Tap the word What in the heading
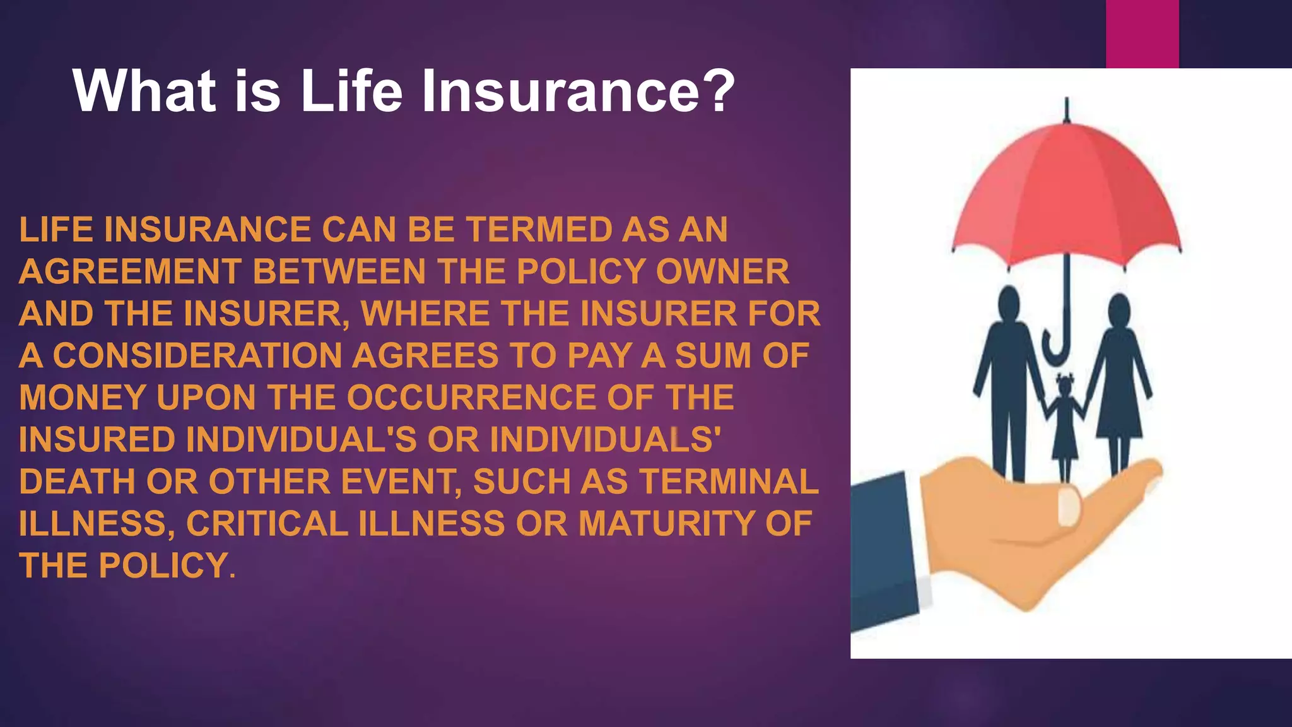[x=144, y=92]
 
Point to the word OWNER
[x=722, y=271]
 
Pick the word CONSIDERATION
[x=197, y=355]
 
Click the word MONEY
[x=83, y=398]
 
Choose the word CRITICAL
[x=267, y=524]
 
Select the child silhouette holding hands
[x=1065, y=423]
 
